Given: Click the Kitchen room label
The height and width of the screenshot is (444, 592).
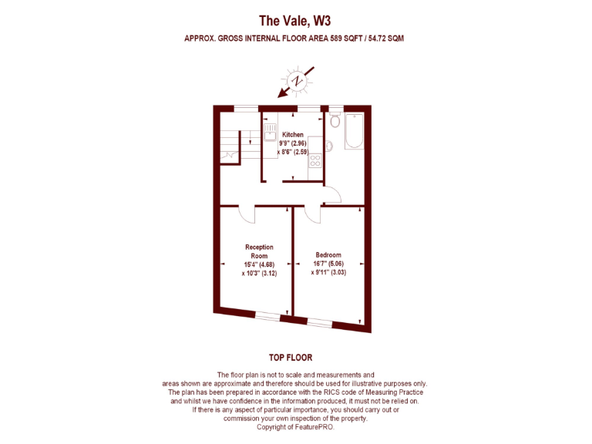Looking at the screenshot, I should coord(292,135).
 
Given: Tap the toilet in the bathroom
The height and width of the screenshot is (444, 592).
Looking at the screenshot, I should coord(334,120).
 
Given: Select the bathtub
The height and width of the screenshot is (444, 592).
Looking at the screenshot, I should coord(355,132).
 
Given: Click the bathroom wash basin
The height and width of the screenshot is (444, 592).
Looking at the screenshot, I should coord(329,145).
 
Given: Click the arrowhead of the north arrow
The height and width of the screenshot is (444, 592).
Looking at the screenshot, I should coord(281,95).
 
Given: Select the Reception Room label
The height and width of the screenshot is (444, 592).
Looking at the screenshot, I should coord(259,251).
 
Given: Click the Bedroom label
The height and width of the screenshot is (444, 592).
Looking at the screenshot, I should coord(328,255).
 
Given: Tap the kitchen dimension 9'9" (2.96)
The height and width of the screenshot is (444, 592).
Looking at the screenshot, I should coord(293,143).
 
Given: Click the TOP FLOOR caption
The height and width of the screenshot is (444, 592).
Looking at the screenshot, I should coord(290,358).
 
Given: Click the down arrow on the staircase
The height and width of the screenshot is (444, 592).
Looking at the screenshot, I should coord(251,138).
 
